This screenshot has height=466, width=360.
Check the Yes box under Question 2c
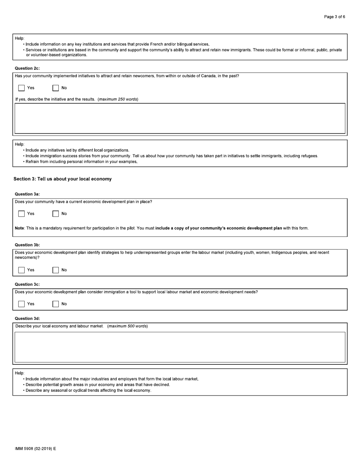[22, 88]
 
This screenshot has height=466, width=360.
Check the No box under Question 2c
[56, 88]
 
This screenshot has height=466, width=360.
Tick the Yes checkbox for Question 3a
[22, 214]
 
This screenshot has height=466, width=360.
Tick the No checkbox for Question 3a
[56, 214]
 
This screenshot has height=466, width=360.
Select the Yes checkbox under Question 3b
[22, 270]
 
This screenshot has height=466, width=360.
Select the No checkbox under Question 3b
[56, 270]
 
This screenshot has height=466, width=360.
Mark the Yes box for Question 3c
[22, 304]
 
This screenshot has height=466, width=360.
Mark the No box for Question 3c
[56, 304]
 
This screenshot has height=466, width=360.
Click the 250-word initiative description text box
[180, 118]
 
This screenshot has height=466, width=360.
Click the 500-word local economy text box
[180, 347]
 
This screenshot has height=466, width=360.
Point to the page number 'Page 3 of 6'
[334, 17]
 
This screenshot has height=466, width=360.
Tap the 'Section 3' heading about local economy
[63, 179]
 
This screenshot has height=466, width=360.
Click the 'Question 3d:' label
[27, 319]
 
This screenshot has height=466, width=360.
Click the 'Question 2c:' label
[27, 68]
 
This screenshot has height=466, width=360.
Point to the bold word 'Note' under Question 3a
[19, 228]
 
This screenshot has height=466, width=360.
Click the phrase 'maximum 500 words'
[128, 326]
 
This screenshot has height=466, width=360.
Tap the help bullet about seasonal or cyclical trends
[88, 390]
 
